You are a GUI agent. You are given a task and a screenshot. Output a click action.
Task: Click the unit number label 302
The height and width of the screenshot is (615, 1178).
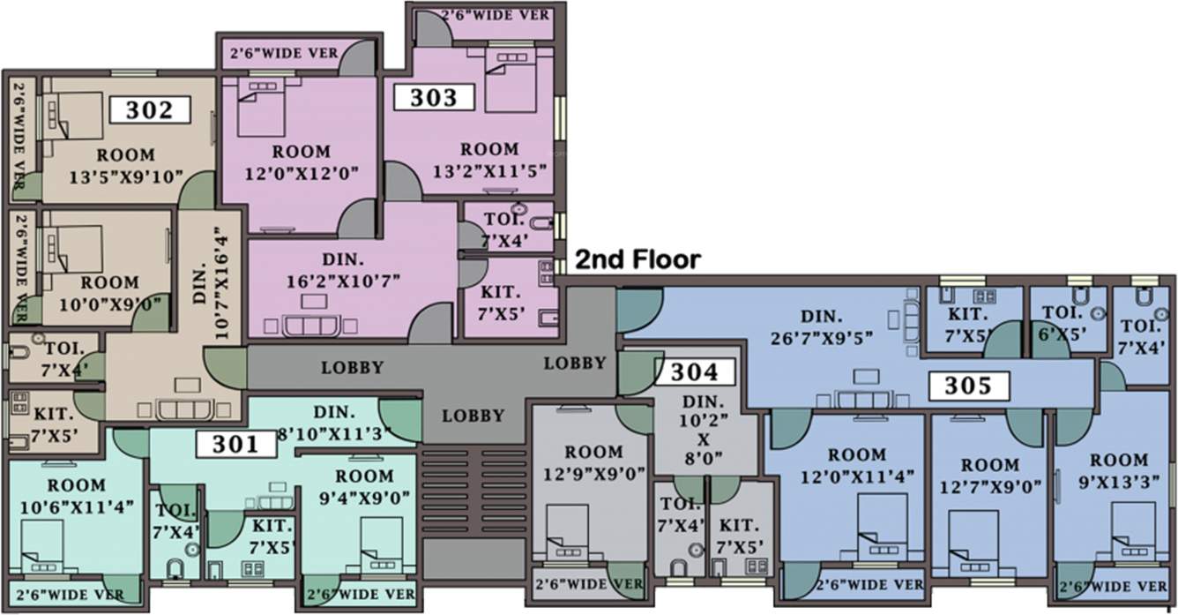(150, 110)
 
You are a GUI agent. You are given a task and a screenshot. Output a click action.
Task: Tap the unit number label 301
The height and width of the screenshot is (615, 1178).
(235, 445)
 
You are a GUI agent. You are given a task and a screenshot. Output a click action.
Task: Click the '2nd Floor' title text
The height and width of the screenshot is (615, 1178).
(637, 259)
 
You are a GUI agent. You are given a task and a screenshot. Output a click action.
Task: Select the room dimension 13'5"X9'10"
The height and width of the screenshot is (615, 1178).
(125, 176)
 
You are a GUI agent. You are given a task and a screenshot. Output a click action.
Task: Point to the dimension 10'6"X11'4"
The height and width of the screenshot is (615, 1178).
(77, 506)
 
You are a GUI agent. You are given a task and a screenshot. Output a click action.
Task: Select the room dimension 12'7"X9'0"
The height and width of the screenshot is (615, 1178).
(988, 486)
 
